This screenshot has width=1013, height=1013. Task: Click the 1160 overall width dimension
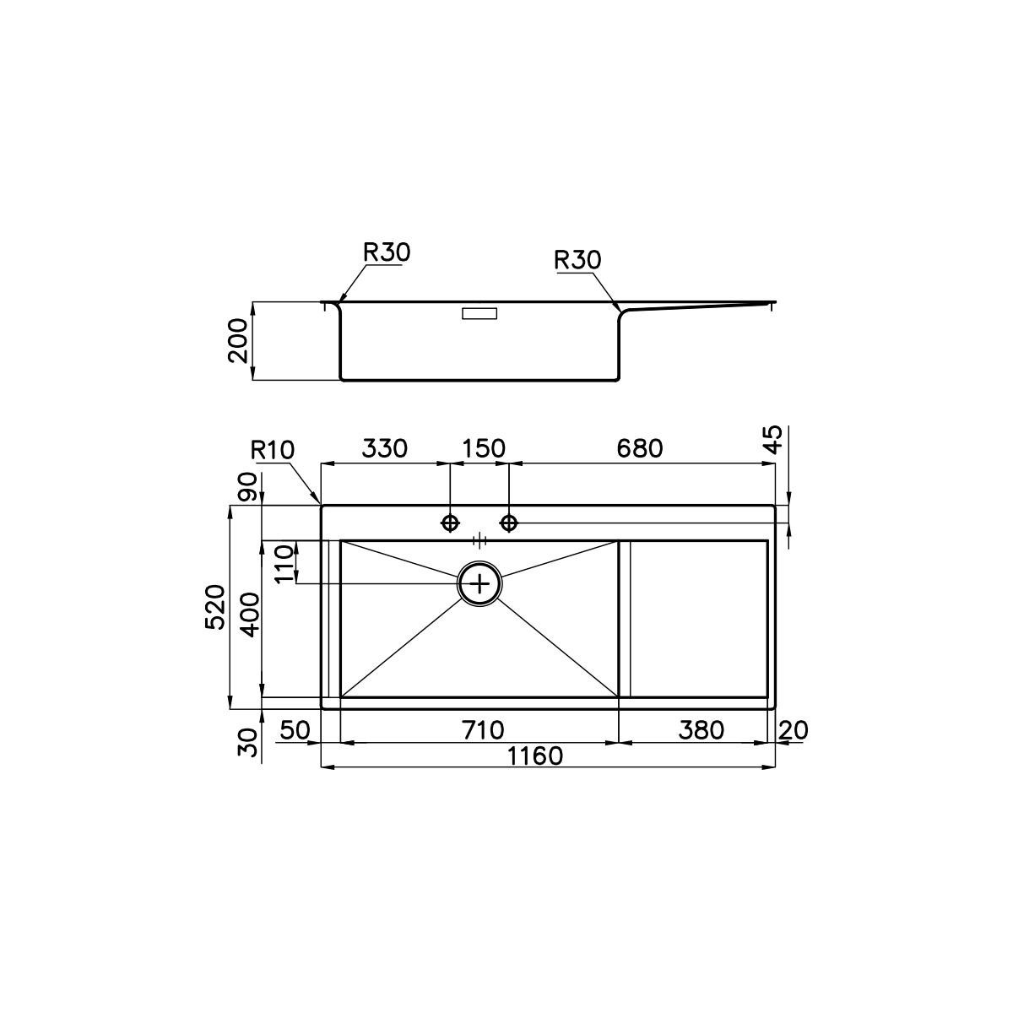534,756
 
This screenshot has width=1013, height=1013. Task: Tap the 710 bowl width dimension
483,730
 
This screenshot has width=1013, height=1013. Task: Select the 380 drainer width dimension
702,730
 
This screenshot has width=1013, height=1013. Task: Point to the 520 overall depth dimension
215,607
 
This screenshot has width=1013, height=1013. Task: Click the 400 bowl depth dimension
250,615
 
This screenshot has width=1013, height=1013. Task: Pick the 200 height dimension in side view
237,341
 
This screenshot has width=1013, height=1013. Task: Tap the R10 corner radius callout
273,451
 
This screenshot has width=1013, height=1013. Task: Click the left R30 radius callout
387,253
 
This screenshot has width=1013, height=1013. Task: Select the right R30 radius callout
577,260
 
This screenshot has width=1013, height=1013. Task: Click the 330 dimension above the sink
384,448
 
